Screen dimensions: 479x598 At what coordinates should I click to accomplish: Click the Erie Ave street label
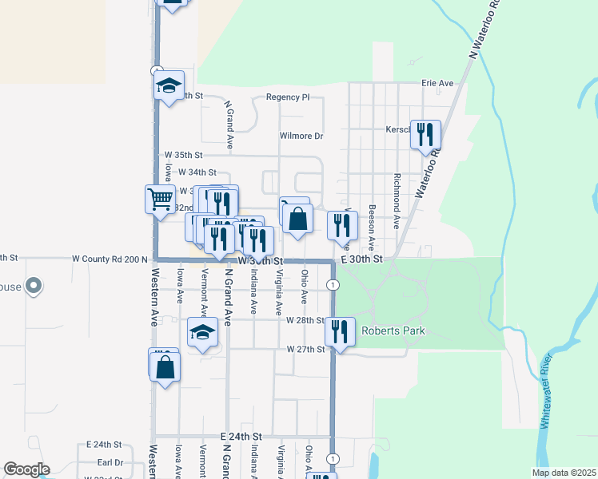pos(437,83)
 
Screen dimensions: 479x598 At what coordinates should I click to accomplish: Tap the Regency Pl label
pos(288,97)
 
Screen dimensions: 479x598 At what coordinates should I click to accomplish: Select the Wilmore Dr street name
pos(301,136)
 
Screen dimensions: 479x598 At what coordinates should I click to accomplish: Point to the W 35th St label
pos(184,155)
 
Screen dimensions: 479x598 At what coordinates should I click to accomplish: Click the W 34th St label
pos(197,172)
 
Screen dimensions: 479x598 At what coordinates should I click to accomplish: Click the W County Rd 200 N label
pos(110,259)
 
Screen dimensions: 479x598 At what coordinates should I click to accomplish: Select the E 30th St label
pos(362,259)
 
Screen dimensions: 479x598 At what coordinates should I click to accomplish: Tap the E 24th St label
pos(241,437)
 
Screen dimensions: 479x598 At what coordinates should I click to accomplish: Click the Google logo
pos(26,469)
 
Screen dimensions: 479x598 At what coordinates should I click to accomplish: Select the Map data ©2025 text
pos(564,473)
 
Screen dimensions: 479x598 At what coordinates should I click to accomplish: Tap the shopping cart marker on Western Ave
pos(160,199)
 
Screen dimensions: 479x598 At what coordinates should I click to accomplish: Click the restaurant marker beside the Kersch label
pos(425,134)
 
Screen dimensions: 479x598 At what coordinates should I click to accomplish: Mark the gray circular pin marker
pos(34,285)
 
